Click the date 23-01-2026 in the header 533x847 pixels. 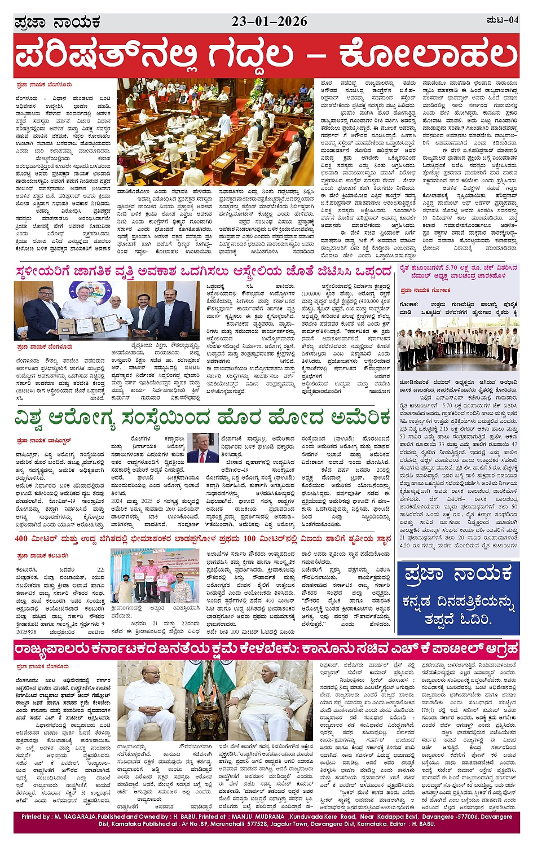pos(270,21)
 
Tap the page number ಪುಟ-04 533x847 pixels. pos(502,21)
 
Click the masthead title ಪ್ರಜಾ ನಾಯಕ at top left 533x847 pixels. pos(57,23)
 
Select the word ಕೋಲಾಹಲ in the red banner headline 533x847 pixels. pos(428,55)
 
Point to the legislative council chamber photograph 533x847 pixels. pos(215,132)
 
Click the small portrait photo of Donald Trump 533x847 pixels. pos(202,448)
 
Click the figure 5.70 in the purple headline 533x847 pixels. pos(451,269)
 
